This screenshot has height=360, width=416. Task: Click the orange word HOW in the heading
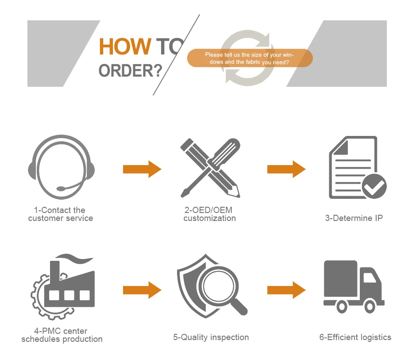tap(124, 46)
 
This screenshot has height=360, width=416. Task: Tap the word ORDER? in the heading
tap(130, 70)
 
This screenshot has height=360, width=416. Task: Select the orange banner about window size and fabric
tap(250, 58)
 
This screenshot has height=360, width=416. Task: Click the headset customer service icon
tap(61, 166)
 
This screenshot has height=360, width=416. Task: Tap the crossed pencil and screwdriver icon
tap(210, 168)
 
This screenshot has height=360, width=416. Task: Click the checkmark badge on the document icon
tap(374, 186)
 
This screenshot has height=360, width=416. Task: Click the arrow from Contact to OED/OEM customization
tap(142, 169)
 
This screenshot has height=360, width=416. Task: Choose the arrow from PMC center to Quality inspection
tap(142, 290)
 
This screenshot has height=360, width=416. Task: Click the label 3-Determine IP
tap(354, 218)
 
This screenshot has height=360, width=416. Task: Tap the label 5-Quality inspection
tap(211, 337)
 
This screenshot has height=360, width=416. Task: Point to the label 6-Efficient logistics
tap(355, 337)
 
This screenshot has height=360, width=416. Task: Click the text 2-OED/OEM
tap(208, 210)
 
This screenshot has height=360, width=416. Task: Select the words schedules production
tap(62, 340)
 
